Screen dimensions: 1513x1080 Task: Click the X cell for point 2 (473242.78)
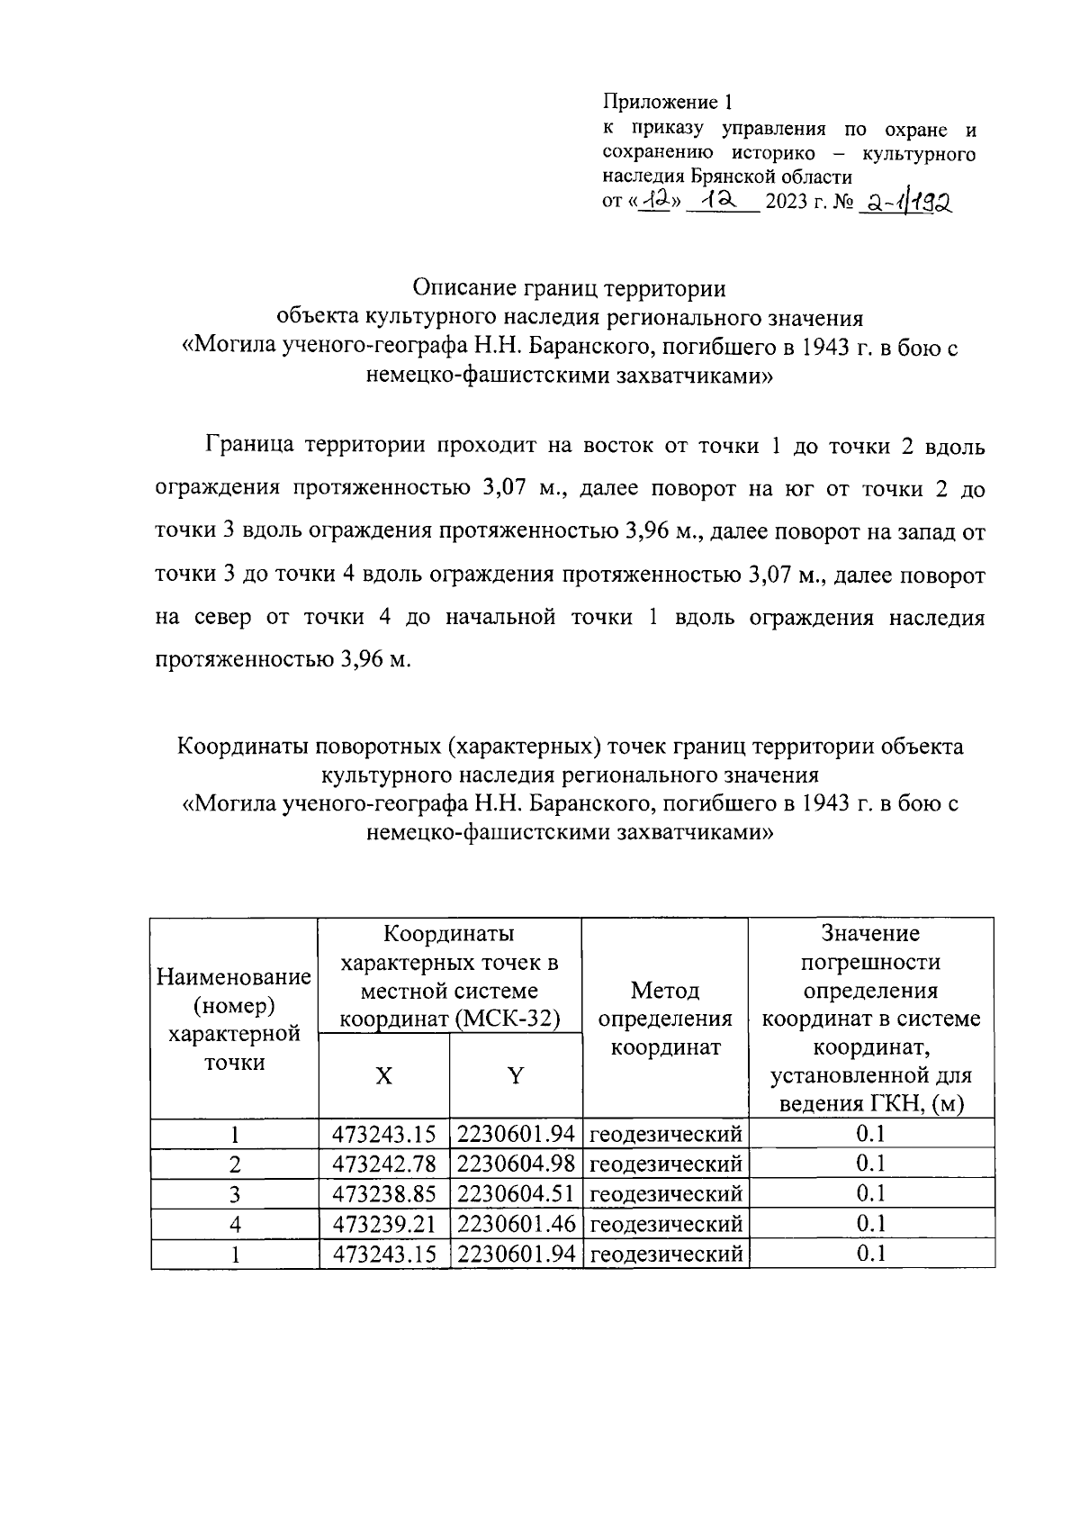(384, 1164)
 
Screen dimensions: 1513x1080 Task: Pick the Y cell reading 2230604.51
(516, 1193)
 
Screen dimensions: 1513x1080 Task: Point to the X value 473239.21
(384, 1223)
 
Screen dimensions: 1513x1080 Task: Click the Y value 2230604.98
(516, 1164)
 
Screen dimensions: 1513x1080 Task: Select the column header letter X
(383, 1075)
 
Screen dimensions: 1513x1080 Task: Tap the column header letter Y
(516, 1075)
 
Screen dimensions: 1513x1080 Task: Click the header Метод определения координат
(665, 1019)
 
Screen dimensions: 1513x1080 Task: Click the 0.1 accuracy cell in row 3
(870, 1193)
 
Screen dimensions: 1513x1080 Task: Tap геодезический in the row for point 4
(665, 1224)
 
